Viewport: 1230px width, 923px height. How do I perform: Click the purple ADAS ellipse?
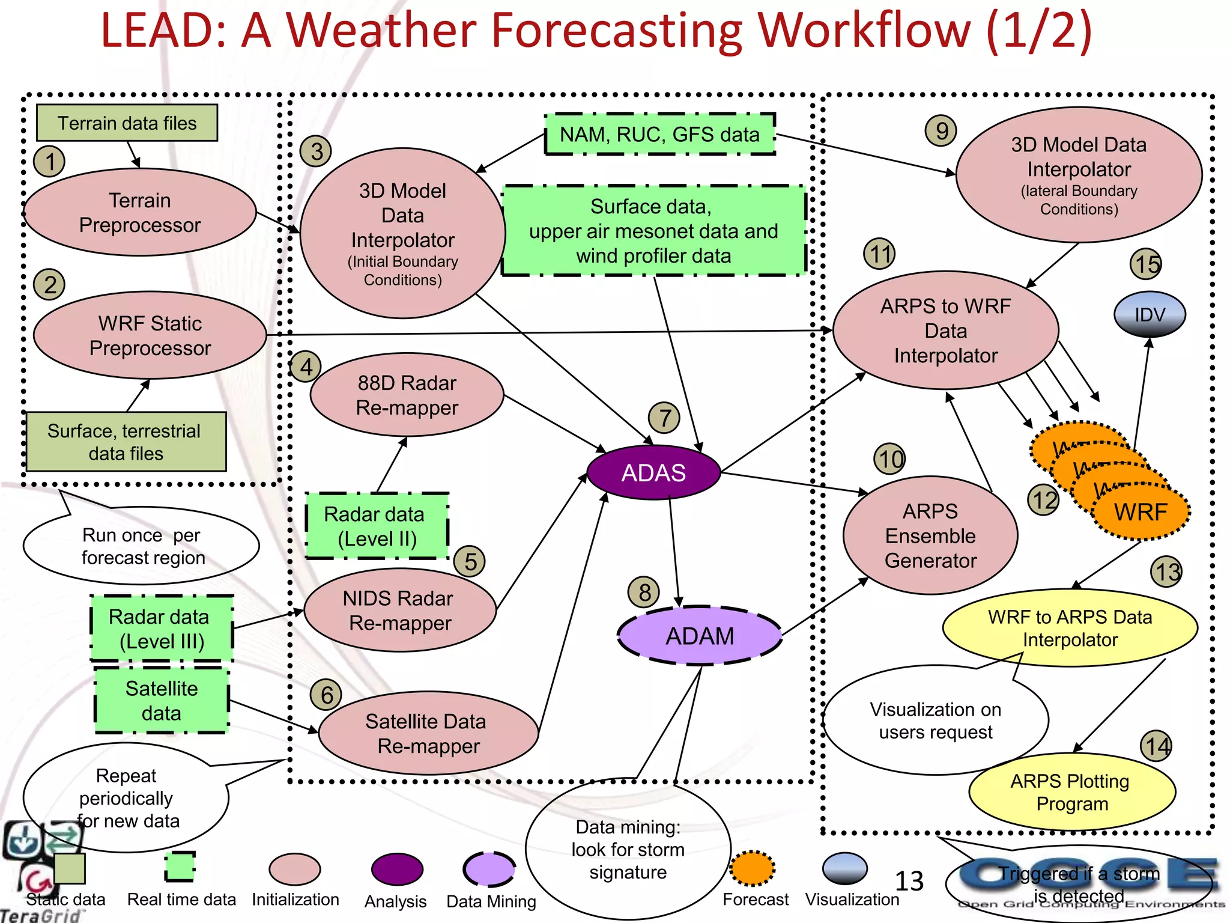point(653,472)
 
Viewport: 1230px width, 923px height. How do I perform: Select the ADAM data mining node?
point(700,636)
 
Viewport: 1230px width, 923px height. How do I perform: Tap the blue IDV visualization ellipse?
point(1150,314)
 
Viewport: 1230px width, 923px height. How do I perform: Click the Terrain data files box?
point(127,123)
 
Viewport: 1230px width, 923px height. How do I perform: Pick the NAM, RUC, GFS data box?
point(659,134)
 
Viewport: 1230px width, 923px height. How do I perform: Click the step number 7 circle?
point(664,418)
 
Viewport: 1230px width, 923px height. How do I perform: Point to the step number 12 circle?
point(1044,499)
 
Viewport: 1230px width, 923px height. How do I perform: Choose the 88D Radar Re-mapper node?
point(407,395)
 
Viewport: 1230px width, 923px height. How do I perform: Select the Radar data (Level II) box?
point(377,526)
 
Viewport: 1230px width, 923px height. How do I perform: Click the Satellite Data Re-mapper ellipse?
point(428,733)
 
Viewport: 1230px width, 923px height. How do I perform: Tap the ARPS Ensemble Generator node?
point(930,535)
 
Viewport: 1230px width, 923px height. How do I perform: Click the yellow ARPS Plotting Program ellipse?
point(1071,792)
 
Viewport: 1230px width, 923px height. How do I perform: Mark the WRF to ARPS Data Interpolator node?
point(1070,627)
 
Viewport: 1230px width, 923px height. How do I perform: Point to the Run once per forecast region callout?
point(142,546)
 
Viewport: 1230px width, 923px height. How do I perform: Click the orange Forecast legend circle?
point(753,869)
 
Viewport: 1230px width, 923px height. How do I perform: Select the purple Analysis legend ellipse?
point(397,870)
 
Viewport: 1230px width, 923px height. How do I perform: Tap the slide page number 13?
point(909,882)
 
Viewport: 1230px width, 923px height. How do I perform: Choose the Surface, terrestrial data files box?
point(126,442)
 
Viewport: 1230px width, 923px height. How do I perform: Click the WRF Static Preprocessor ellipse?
point(150,335)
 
